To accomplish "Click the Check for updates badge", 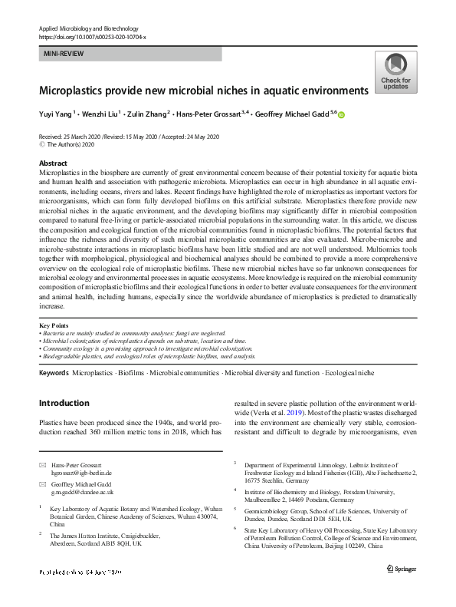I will [395, 73].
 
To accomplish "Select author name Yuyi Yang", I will [55, 115].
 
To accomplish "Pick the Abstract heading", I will [53, 163].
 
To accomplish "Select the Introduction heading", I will [64, 403].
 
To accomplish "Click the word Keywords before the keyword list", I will [54, 372].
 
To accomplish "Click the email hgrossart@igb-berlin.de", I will [80, 474].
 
